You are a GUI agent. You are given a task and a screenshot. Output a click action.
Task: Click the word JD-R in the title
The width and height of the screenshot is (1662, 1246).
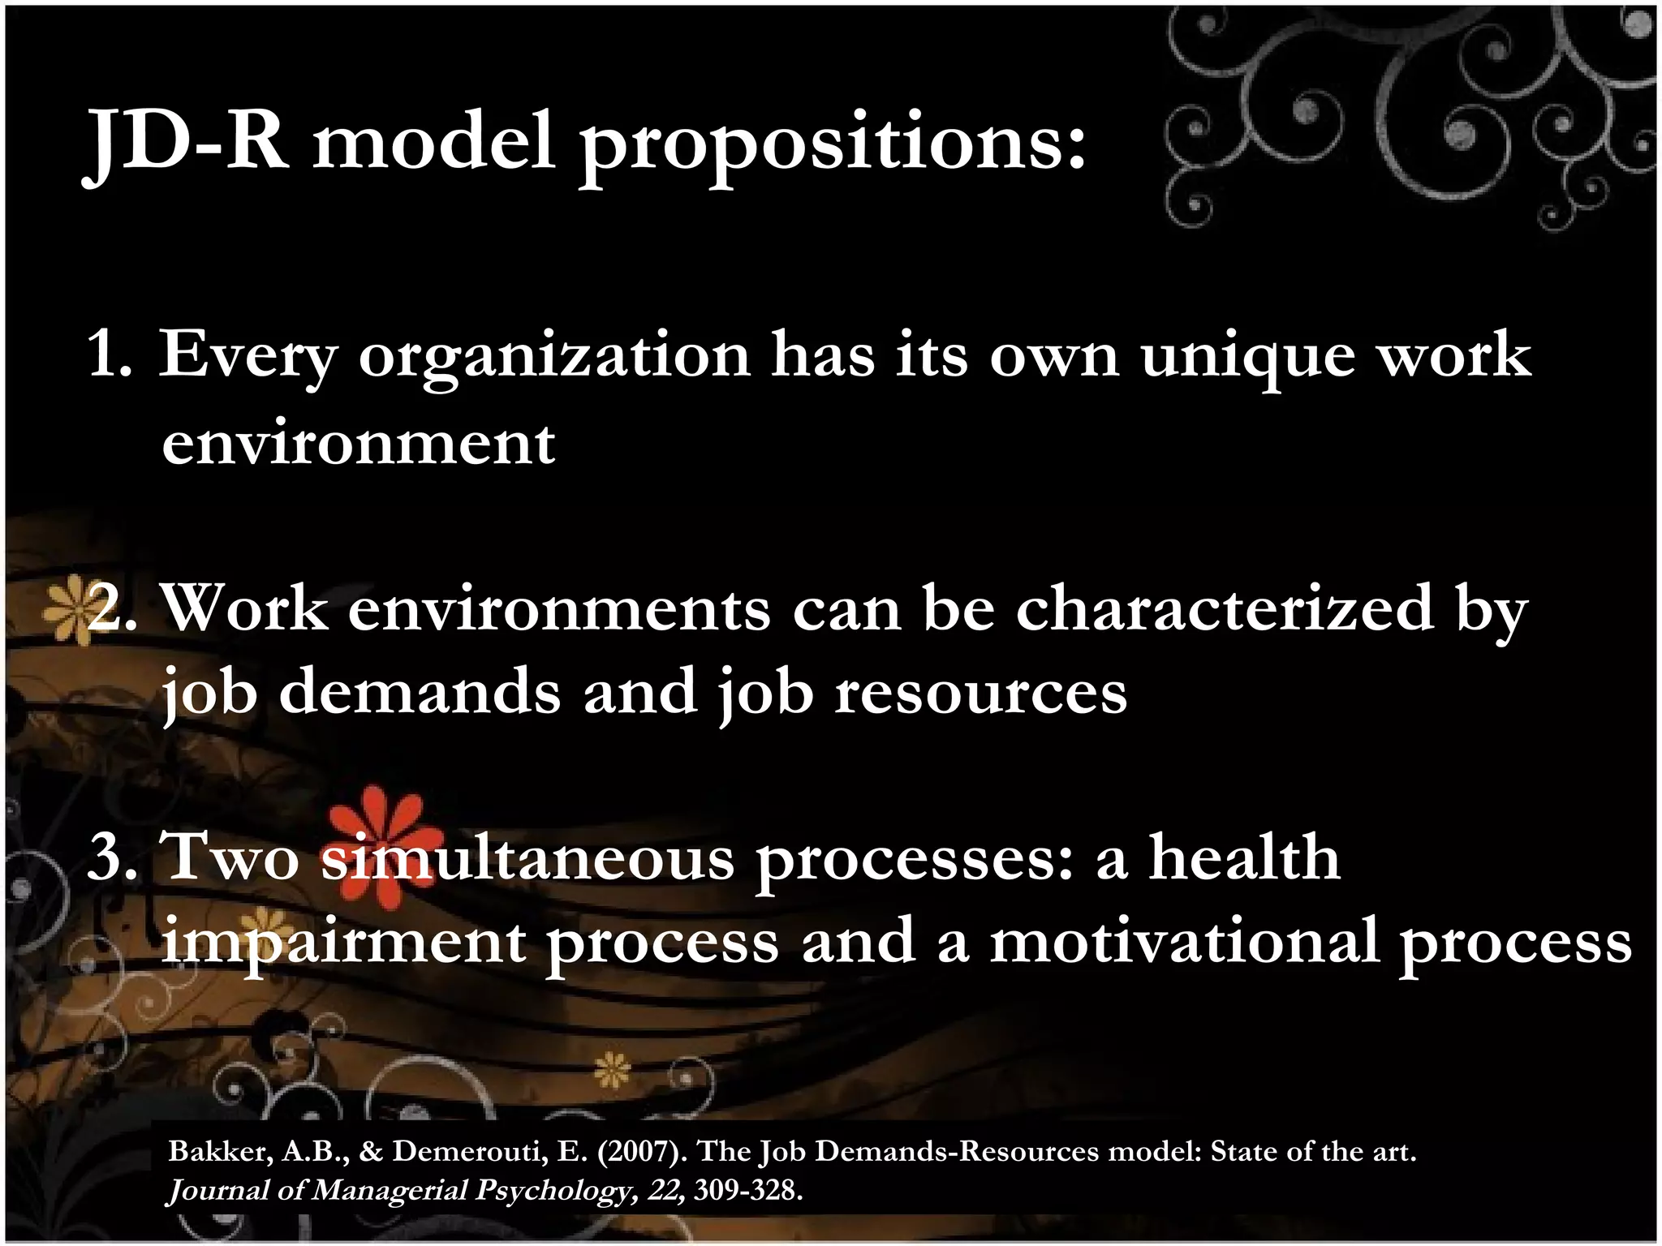point(186,142)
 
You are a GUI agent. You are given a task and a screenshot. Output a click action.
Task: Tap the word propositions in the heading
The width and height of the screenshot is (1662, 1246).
point(833,146)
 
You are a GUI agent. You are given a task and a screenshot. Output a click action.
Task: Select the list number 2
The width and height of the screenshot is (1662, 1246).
point(112,608)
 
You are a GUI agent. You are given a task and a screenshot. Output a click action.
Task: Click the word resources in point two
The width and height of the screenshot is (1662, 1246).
point(981,693)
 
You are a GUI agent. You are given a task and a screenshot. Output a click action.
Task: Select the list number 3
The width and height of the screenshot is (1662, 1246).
point(112,857)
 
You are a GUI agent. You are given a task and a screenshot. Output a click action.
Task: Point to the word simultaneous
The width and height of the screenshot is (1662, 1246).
point(527,858)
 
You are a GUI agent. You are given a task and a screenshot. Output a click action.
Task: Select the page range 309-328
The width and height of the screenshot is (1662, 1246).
point(747,1190)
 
